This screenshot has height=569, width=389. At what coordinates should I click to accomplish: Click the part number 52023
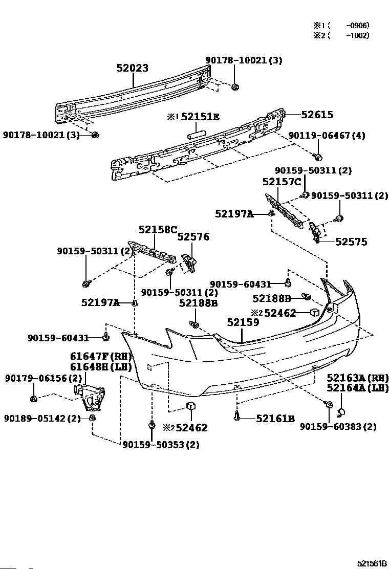pos(133,68)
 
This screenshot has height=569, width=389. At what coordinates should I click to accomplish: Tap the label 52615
pos(317,115)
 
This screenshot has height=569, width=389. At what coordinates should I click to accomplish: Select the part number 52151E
pos(200,117)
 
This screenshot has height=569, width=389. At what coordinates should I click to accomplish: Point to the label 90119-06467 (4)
pos(327,136)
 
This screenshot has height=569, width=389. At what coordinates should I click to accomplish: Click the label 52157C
pos(282,182)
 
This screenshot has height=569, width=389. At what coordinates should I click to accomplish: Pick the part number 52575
pos(351,242)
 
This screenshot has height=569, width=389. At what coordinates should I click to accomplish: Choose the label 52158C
pos(158,230)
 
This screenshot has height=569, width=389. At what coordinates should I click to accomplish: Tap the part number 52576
pos(193,237)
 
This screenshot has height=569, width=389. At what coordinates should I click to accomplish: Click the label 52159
pos(243,322)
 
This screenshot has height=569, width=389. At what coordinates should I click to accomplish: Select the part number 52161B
pos(275,419)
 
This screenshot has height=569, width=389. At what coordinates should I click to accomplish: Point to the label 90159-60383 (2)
pos(338,427)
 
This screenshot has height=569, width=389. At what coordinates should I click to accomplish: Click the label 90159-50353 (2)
pos(161,445)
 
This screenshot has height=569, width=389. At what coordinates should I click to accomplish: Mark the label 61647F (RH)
pos(101,356)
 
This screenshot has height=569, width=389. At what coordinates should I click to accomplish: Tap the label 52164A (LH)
pos(357,388)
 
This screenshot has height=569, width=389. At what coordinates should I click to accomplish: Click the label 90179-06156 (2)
pos(44,379)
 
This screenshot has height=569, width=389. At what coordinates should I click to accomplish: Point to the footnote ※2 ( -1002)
pos(341,35)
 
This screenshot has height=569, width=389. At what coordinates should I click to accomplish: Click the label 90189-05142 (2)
pos(42,419)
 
